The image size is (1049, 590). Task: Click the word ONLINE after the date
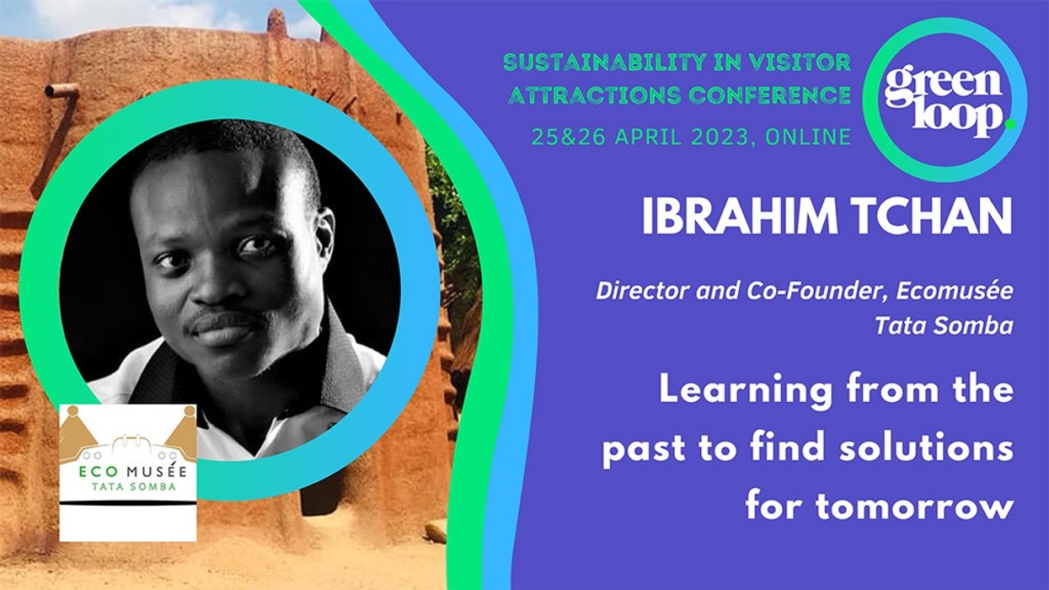(x=808, y=137)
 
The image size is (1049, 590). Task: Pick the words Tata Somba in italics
(x=944, y=326)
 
